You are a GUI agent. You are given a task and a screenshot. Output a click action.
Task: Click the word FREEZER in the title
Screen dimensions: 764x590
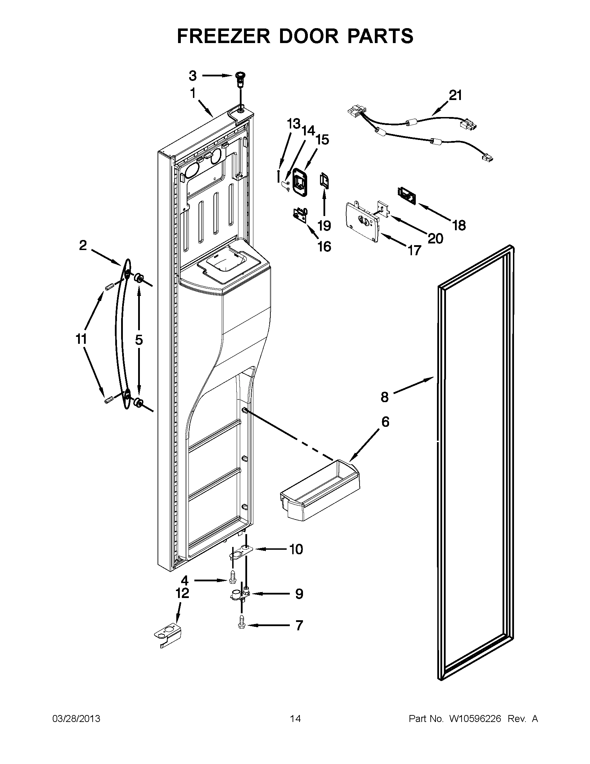click(224, 36)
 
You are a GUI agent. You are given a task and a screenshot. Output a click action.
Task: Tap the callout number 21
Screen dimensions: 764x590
click(455, 95)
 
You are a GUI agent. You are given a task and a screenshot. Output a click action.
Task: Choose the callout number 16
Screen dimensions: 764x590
click(324, 247)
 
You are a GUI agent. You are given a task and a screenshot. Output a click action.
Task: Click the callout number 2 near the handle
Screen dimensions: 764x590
click(83, 246)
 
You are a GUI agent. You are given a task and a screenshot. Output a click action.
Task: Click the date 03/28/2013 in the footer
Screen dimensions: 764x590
click(76, 719)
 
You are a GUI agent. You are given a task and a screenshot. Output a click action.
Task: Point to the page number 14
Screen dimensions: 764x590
click(295, 719)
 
